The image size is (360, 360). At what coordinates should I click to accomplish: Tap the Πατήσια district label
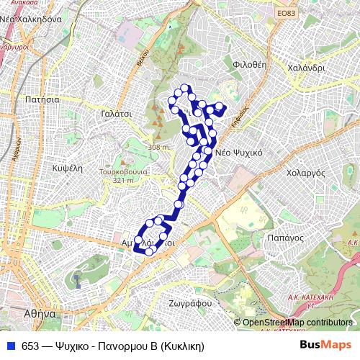tap(40, 100)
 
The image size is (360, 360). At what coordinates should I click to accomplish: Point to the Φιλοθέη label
tap(250, 63)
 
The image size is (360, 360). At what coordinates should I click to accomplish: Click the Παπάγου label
tap(282, 236)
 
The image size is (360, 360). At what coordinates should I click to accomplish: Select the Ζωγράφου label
tap(191, 303)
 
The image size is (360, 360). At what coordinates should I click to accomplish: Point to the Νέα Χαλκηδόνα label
tap(35, 19)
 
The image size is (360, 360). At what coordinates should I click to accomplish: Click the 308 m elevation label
tap(158, 147)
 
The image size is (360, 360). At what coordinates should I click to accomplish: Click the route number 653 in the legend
tap(30, 345)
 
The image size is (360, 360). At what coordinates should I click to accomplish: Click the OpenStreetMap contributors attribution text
tap(300, 323)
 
